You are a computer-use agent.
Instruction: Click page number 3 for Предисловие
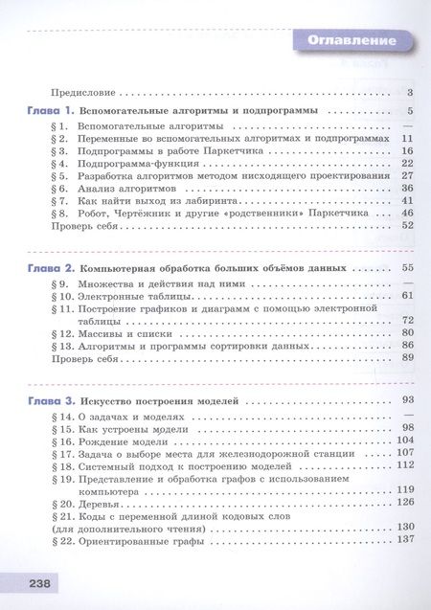(409, 93)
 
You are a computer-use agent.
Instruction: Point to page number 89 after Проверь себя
(407, 357)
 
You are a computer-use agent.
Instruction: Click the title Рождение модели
(123, 441)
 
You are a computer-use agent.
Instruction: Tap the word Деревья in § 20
(99, 502)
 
